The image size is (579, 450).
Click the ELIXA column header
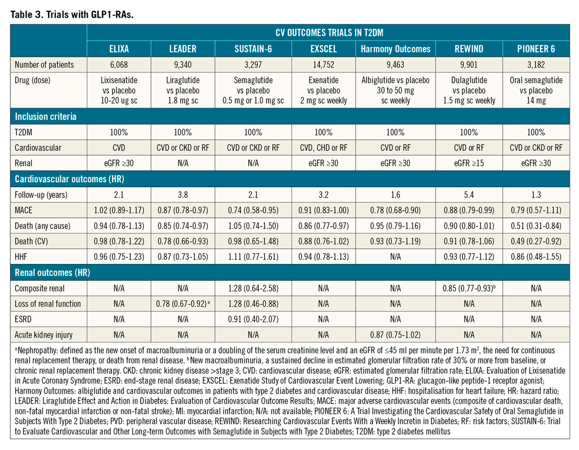tap(119, 49)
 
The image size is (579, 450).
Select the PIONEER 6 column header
tap(535, 49)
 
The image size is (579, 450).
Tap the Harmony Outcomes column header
tap(395, 49)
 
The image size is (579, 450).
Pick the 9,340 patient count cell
tap(183, 64)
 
